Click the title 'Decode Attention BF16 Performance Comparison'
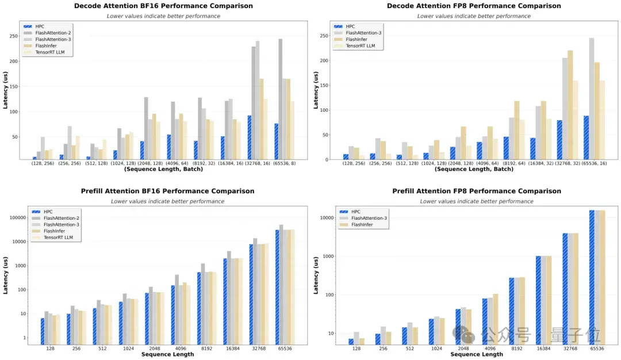point(163,6)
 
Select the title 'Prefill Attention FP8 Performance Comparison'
point(477,191)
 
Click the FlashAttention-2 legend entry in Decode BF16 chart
point(47,33)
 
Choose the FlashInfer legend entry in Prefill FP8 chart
point(356,224)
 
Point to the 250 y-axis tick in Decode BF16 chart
point(14,36)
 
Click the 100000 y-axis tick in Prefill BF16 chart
point(17,218)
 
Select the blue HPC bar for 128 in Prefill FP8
point(351,342)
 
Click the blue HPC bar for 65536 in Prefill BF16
point(277,287)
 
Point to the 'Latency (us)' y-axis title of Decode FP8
point(316,90)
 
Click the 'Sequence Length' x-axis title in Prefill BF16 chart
point(167,354)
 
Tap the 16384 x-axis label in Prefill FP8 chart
point(543,348)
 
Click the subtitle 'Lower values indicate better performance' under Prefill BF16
point(167,201)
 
